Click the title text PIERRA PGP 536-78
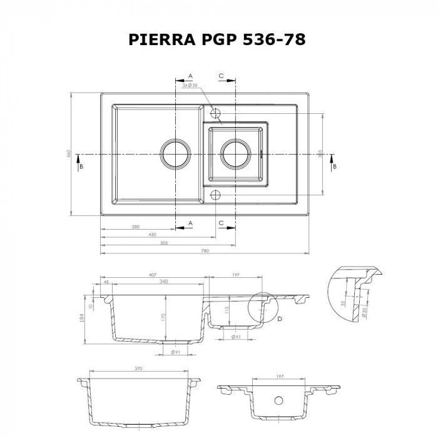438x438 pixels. coord(217,39)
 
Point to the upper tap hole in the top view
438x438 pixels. coord(215,113)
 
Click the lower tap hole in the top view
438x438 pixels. coord(215,194)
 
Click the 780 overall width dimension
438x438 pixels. coord(204,251)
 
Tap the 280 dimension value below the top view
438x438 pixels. coord(135,226)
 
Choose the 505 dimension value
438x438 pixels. coord(164,242)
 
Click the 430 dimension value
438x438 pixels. coord(153,234)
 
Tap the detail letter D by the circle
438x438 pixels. coord(279,318)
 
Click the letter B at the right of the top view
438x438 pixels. coord(335,166)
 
